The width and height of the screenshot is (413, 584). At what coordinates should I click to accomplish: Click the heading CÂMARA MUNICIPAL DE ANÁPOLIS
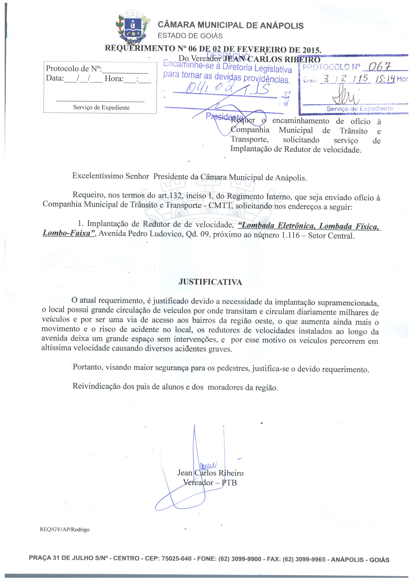pos(231,25)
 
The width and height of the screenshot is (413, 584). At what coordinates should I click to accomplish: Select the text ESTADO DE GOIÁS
pos(190,36)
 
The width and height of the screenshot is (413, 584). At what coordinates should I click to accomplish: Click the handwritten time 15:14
pos(385,79)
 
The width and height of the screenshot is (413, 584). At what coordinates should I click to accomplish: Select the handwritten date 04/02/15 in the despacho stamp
pos(228,89)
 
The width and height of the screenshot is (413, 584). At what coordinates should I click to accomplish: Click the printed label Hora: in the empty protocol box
pos(114,79)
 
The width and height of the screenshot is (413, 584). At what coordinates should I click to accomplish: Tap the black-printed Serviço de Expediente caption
pos(101,107)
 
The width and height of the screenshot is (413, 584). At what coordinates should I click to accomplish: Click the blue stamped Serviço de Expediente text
pos(360,109)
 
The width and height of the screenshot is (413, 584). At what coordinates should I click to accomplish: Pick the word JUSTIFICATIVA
pos(210,282)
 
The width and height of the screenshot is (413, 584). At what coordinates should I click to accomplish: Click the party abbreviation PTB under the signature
pos(229,483)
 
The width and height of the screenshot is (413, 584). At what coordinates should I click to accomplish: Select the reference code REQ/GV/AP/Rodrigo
pos(65,529)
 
